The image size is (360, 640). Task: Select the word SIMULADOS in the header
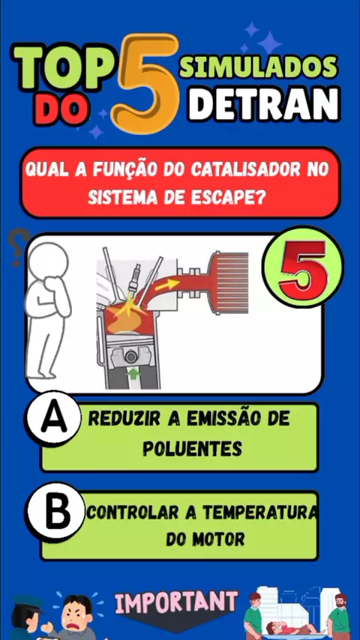(259, 67)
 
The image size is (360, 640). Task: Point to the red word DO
(62, 110)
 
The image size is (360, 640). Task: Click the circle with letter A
(52, 419)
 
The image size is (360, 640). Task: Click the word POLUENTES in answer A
(193, 449)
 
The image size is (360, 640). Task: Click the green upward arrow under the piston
(134, 372)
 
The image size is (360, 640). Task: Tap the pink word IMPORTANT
(176, 602)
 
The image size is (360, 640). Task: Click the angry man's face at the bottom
(76, 613)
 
